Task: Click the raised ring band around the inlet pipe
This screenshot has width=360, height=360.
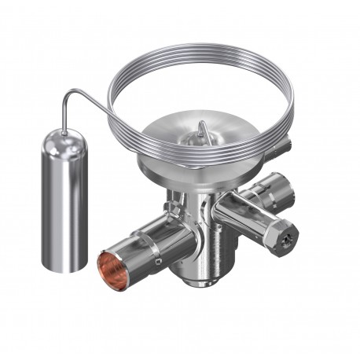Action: pyautogui.click(x=149, y=236)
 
